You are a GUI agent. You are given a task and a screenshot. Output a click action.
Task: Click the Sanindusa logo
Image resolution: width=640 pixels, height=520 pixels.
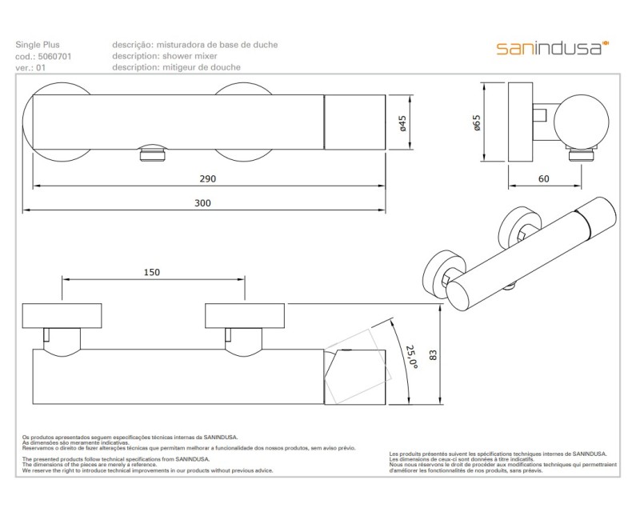click(552, 48)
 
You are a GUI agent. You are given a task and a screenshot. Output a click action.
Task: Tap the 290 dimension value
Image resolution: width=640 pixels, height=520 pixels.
click(208, 178)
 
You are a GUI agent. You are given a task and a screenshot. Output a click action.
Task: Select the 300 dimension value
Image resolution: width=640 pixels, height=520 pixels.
click(202, 203)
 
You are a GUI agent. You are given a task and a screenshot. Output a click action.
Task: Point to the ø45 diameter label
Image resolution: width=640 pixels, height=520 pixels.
click(403, 124)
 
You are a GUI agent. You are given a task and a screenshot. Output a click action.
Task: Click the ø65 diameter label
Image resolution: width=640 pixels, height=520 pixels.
click(477, 123)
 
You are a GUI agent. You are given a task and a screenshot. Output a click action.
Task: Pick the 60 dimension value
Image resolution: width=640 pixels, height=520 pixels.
click(544, 178)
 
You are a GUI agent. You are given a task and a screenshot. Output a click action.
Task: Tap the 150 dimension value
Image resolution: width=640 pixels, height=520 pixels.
click(151, 272)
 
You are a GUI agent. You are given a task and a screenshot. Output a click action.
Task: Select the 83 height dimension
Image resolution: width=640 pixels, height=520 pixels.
click(433, 354)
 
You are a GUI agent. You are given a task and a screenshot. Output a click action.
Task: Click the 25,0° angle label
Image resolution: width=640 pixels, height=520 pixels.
click(412, 357)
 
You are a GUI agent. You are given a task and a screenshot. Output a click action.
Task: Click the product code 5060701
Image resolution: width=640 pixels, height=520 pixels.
click(54, 56)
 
